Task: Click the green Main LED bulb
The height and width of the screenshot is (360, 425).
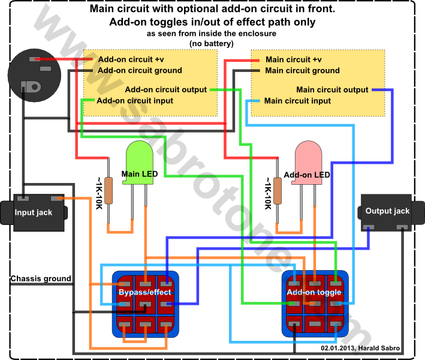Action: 139,163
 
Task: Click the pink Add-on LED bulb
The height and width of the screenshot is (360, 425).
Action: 308,163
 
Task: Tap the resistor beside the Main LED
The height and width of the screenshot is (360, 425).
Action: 108,190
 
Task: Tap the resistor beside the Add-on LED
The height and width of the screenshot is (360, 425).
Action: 278,190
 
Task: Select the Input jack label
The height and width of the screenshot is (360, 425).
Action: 34,212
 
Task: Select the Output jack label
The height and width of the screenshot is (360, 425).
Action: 387,211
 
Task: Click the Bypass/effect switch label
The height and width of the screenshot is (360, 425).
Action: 145,292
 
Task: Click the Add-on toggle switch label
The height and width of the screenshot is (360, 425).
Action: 314,292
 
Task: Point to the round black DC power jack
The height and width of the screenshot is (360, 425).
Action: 34,75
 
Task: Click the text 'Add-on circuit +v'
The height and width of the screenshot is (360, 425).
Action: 131,59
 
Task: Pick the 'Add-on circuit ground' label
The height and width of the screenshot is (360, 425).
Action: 140,71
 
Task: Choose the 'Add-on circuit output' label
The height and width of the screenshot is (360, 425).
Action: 166,89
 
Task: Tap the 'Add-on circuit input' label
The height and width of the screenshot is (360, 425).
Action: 135,101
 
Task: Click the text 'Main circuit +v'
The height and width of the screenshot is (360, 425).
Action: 294,59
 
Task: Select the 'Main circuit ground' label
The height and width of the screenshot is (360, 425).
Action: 302,71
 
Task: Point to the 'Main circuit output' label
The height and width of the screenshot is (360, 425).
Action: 332,89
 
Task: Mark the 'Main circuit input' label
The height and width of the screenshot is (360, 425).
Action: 297,101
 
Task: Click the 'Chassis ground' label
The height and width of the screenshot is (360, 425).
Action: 41,278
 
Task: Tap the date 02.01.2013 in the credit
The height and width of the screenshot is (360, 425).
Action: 337,348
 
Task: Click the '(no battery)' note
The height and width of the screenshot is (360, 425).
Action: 212,43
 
